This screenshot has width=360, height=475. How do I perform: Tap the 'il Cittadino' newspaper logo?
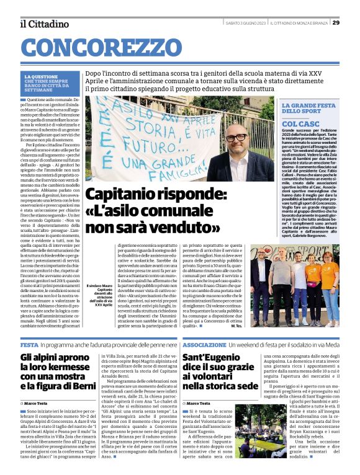coord(44,24)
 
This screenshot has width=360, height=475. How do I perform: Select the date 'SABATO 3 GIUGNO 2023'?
coord(246,23)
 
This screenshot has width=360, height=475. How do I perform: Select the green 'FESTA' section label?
coord(29,344)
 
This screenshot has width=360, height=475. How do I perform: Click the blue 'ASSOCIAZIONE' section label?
coord(204,344)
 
